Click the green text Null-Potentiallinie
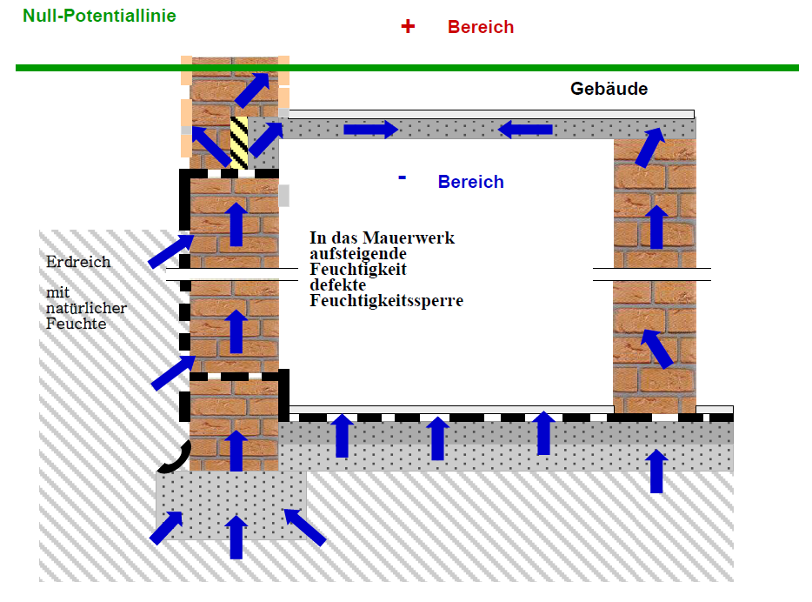(99, 16)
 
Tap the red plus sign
(408, 26)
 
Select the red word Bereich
(481, 27)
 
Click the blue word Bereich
(470, 182)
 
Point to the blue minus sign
(402, 177)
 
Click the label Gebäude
(609, 89)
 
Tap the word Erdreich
(78, 262)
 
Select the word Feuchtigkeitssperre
(386, 301)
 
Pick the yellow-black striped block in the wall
(239, 142)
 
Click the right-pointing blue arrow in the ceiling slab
(370, 130)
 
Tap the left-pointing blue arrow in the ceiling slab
(525, 130)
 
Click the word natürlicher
(86, 308)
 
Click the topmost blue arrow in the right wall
(649, 145)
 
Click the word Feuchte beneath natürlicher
(76, 324)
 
